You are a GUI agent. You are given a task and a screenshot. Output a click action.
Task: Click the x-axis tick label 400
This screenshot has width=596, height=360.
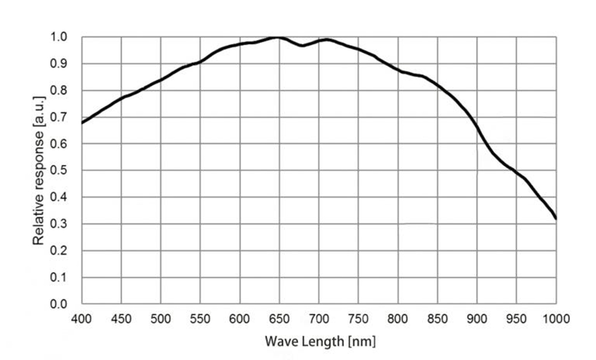(x=81, y=318)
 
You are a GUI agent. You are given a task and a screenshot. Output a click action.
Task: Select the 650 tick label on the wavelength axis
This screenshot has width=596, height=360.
(x=279, y=318)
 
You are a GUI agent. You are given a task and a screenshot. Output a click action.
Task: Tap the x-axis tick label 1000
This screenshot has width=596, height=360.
(x=556, y=318)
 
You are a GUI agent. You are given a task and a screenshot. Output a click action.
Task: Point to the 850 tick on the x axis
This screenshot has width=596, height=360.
(x=437, y=318)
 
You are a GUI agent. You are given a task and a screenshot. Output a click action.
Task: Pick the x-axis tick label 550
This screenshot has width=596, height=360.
(x=200, y=318)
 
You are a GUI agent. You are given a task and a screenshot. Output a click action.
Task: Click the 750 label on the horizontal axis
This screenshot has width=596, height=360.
(x=358, y=318)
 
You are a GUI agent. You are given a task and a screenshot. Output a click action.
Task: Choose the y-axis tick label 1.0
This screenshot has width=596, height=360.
(x=59, y=37)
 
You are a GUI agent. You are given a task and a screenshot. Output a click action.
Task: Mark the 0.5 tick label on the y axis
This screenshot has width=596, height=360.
(x=59, y=170)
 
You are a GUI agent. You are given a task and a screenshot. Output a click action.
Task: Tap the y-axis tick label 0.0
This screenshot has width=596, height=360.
(x=59, y=304)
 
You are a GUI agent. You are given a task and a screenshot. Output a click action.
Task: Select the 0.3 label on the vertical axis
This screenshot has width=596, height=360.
(x=59, y=224)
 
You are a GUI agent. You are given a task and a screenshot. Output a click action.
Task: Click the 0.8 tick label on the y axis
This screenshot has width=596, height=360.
(x=59, y=91)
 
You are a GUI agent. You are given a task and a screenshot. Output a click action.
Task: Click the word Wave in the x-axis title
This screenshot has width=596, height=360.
(x=281, y=341)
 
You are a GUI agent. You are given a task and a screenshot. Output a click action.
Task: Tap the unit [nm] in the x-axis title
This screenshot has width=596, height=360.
(x=361, y=341)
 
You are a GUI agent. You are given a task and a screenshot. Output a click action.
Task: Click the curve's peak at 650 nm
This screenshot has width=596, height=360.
(x=279, y=37)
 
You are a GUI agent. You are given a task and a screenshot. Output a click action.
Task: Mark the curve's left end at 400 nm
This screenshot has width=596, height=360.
(x=82, y=123)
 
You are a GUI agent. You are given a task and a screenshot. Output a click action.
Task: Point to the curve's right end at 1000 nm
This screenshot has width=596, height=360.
(x=556, y=219)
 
